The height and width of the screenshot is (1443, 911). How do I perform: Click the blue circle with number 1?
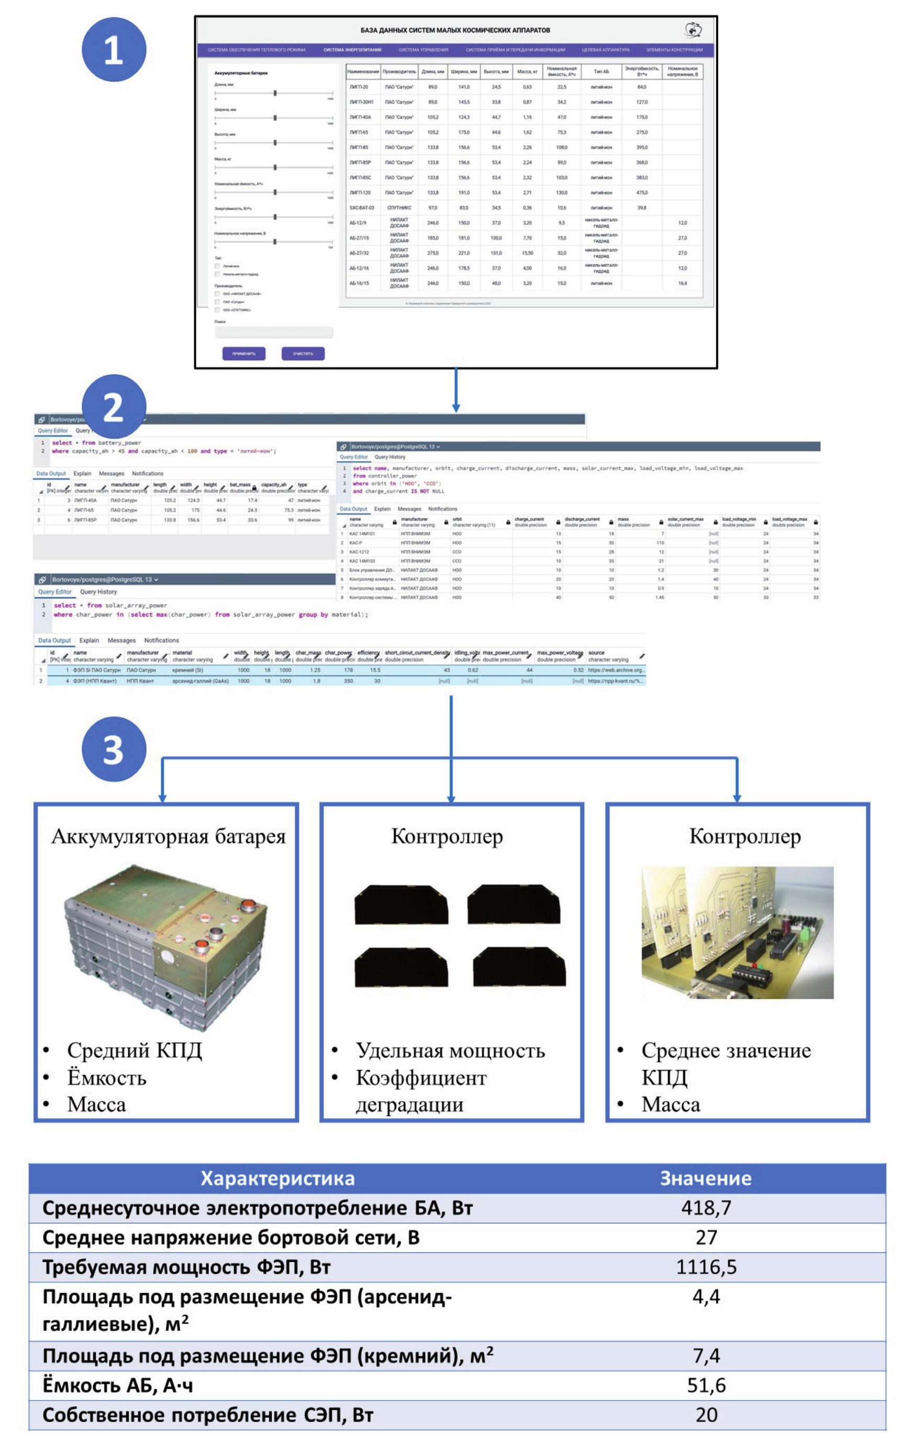point(114,50)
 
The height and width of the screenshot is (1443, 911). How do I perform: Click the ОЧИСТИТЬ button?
point(303,354)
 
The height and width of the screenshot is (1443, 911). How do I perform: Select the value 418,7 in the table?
point(706,1208)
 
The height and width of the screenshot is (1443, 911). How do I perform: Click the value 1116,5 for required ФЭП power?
point(706,1267)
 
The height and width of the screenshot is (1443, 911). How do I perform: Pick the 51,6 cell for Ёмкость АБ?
point(706,1385)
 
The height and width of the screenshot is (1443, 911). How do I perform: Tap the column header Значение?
point(706,1178)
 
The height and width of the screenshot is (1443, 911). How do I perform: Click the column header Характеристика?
point(277,1178)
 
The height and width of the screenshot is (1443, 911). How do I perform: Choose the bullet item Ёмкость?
point(107,1077)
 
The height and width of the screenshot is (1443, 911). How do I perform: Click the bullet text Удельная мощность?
point(450,1051)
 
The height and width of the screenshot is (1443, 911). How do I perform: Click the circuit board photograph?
point(737,932)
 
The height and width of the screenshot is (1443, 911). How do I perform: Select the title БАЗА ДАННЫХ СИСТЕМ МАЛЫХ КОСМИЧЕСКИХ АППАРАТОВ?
point(455,30)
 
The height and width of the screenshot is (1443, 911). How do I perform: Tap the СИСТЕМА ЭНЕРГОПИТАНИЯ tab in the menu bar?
point(352,50)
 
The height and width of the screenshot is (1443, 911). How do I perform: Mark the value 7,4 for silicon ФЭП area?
point(706,1355)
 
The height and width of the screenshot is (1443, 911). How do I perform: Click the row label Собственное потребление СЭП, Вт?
point(208,1415)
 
